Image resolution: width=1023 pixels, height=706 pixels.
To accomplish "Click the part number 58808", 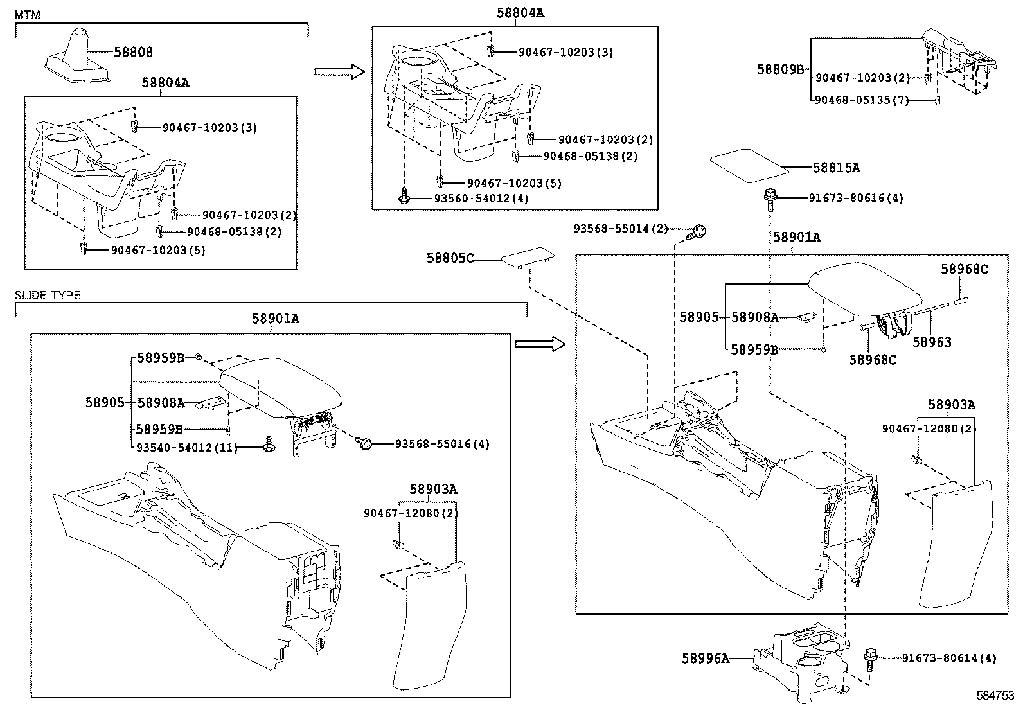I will click(x=134, y=52).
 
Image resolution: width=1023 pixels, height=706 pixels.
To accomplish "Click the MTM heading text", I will click(x=27, y=14).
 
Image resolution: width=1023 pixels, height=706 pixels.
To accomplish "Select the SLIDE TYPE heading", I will click(x=47, y=296).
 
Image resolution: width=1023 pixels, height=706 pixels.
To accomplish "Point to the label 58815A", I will click(x=836, y=168).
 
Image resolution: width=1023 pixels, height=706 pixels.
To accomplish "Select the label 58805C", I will click(x=450, y=259).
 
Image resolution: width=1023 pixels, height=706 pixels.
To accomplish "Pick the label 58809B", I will click(x=780, y=68).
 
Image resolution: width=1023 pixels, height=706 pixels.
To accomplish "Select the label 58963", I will click(x=932, y=342).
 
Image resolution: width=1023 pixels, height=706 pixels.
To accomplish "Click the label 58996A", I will click(x=706, y=658).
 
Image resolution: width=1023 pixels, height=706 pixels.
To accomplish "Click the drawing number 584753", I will click(x=996, y=695).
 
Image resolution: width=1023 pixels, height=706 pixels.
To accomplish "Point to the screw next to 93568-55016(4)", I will click(x=365, y=442).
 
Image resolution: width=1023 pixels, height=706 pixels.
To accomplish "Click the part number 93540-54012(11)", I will click(x=186, y=447).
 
